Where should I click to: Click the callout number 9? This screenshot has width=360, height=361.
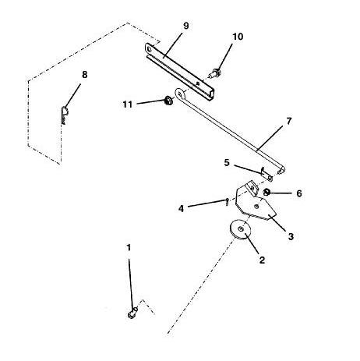click(x=186, y=26)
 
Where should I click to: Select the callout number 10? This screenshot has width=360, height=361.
click(x=238, y=37)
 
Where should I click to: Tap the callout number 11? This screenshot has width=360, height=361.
click(x=128, y=104)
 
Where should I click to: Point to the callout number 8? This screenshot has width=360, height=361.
click(x=85, y=75)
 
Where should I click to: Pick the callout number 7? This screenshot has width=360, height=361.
click(x=289, y=121)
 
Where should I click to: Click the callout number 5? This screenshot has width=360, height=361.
click(x=227, y=163)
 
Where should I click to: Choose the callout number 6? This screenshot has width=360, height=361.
click(x=299, y=193)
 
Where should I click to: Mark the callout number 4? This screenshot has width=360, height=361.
click(x=181, y=208)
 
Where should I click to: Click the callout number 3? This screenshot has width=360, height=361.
click(x=291, y=236)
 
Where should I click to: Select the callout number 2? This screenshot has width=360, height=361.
click(x=262, y=260)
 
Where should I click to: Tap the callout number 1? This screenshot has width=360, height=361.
click(x=129, y=248)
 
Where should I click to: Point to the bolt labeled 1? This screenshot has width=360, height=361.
click(x=132, y=313)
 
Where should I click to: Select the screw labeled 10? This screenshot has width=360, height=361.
click(x=216, y=73)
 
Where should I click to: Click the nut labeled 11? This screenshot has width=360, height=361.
click(x=169, y=100)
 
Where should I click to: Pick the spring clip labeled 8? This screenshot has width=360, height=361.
click(x=64, y=115)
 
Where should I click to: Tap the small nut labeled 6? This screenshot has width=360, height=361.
click(x=266, y=193)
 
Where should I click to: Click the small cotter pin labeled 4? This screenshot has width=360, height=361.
click(x=228, y=202)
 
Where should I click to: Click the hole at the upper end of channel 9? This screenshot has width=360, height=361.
click(x=150, y=49)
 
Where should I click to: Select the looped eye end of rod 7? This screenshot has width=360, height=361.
click(x=179, y=94)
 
